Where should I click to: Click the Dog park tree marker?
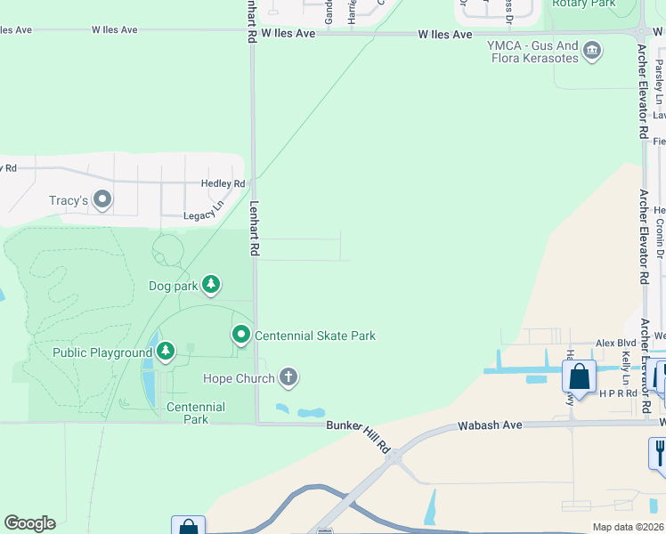211,285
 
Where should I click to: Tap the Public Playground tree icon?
166,352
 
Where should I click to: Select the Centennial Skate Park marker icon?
241,336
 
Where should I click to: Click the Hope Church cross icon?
288,378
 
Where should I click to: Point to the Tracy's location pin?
102,199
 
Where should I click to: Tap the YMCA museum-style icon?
591,53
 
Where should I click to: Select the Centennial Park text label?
196,413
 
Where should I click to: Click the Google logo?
29,523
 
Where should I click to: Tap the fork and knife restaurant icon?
658,451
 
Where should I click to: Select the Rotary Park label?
584,4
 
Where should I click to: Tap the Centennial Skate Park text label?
315,336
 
